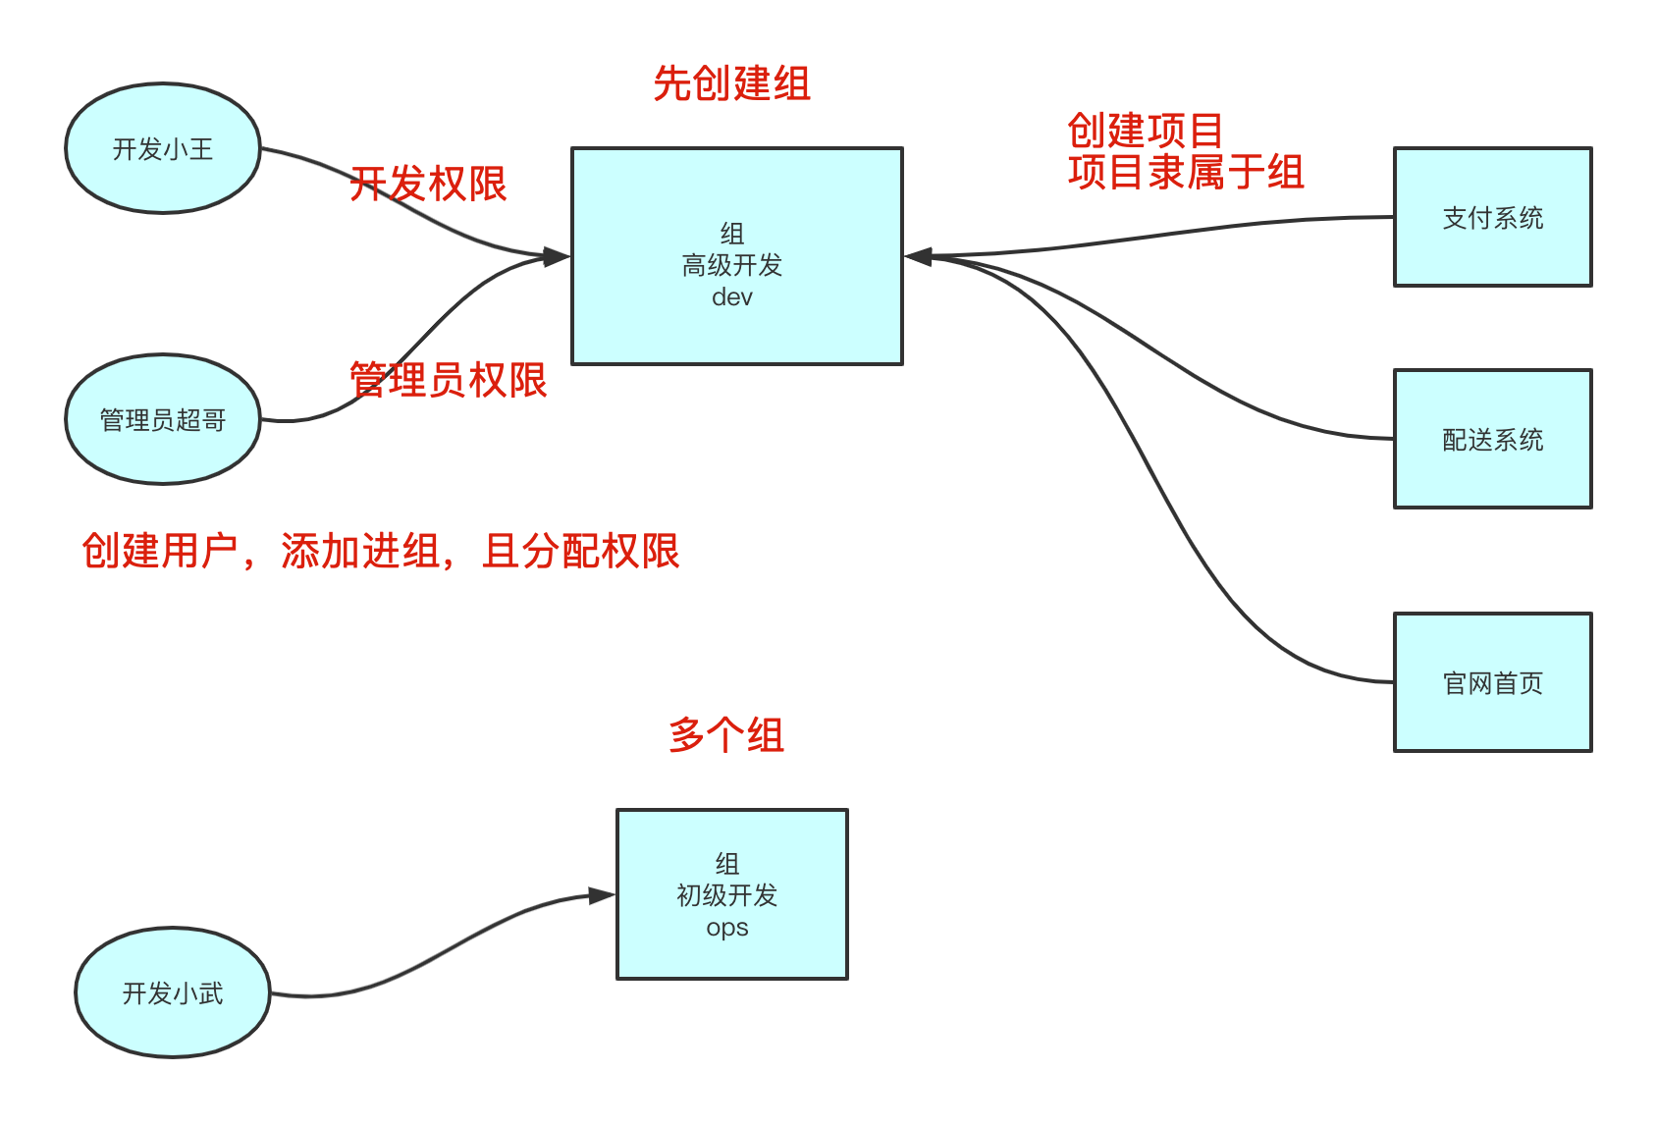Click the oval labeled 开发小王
tap(163, 149)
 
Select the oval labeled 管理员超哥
tap(163, 420)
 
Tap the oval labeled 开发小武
tap(173, 993)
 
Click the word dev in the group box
tap(732, 297)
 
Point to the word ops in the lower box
tap(727, 928)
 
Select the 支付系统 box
tap(1492, 218)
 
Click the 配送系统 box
tap(1492, 440)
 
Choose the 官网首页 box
tap(1492, 683)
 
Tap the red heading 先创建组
tap(732, 84)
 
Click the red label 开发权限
tap(429, 185)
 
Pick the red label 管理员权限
tap(449, 381)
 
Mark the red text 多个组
tap(726, 735)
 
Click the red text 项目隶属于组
tap(1186, 173)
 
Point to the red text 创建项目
tap(1146, 131)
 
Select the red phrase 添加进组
tap(360, 552)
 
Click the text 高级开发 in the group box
tap(732, 265)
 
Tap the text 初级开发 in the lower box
tap(727, 895)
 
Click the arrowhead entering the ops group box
tap(602, 895)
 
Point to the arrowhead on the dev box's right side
tap(919, 257)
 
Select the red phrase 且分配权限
tap(581, 552)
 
